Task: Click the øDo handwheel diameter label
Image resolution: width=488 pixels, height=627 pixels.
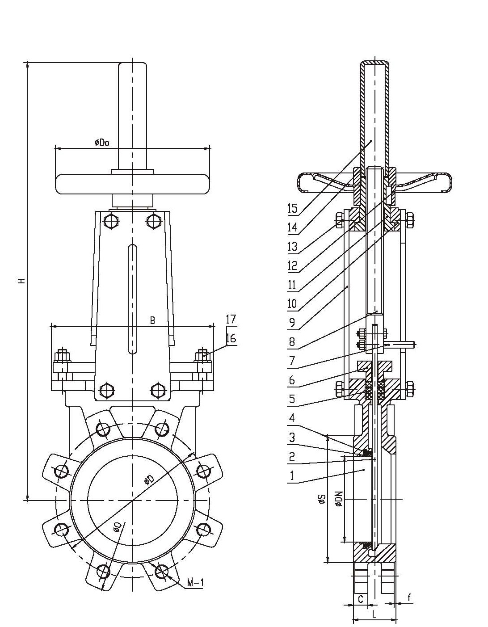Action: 102,143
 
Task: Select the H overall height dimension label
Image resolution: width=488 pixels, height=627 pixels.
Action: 21,281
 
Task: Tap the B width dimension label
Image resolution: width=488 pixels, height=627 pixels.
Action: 152,320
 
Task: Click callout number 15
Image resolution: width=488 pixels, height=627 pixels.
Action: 292,208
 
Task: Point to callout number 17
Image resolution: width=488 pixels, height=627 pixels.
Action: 231,320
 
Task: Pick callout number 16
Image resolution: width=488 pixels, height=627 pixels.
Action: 231,338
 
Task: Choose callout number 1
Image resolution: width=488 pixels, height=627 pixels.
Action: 292,476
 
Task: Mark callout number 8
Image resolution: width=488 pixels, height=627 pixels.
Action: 292,342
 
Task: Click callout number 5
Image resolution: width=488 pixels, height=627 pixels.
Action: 292,398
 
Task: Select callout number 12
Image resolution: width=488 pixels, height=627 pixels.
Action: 292,266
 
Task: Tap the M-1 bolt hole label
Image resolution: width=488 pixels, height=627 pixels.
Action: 195,583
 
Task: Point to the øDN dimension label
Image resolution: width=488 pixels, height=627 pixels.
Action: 338,499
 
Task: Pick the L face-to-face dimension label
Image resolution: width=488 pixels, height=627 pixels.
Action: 374,614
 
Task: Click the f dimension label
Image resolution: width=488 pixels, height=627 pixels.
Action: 409,597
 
